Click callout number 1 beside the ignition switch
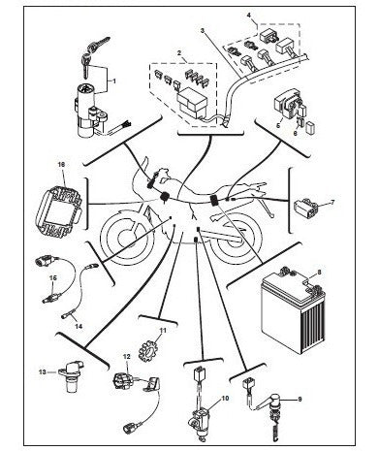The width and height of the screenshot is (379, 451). tap(113, 81)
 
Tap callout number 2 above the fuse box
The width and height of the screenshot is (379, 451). tap(179, 52)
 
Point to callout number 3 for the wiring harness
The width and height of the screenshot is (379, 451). tap(203, 30)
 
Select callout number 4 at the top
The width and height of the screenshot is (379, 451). tap(248, 16)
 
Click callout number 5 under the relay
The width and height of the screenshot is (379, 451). tap(278, 125)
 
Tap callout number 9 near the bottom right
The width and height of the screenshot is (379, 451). tap(300, 400)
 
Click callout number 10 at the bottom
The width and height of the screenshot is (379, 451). tap(225, 398)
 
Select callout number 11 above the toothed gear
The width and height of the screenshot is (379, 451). tap(163, 330)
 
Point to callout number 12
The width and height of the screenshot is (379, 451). tap(127, 357)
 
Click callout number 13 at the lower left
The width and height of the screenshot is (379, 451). tap(43, 372)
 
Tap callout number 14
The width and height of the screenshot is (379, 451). tap(79, 326)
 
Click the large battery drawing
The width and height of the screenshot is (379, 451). tap(294, 311)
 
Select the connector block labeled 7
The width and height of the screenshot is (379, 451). tap(305, 208)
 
